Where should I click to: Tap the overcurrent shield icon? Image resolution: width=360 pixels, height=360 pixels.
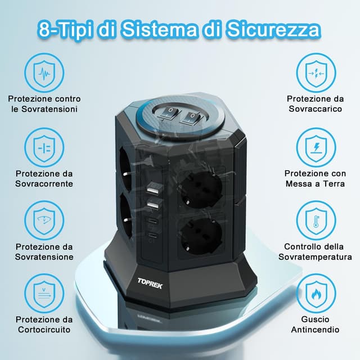tap(43, 148)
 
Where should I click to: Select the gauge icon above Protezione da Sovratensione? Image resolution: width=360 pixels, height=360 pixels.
tap(43, 221)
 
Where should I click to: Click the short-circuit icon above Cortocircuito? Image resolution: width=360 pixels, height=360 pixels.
tap(43, 294)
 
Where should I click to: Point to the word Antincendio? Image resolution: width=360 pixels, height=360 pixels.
tap(314, 329)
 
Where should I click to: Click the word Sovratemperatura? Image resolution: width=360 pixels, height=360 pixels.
tap(314, 257)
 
